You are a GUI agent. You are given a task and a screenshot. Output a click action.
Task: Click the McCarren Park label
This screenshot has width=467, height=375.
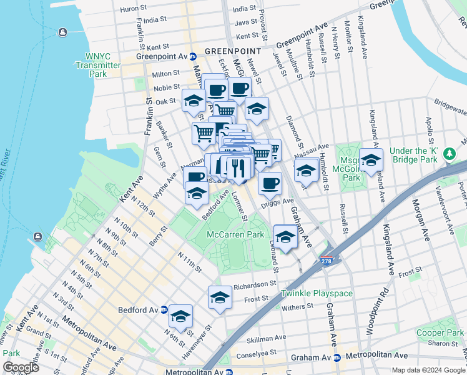click(x=235, y=234)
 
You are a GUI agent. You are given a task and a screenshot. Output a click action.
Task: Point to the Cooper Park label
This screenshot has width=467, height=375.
click(x=440, y=333)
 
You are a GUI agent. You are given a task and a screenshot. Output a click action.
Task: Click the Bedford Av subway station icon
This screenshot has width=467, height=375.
click(x=164, y=309)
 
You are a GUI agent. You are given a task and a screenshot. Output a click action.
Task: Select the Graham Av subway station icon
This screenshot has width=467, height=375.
click(x=337, y=358)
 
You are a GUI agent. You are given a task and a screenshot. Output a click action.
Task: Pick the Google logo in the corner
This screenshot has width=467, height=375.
click(x=21, y=367)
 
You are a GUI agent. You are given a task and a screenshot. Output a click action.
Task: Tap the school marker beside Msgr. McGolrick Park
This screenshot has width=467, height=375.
click(x=371, y=161)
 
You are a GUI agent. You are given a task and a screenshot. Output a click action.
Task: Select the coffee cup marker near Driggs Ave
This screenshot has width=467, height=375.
click(x=270, y=183)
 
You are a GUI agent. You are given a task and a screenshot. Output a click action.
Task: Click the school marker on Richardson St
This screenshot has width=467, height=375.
click(x=220, y=297)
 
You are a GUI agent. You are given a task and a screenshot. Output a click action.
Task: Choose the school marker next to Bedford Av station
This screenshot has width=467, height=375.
click(x=181, y=316)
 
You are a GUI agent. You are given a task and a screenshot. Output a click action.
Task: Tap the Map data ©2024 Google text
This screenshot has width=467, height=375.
click(x=428, y=370)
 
